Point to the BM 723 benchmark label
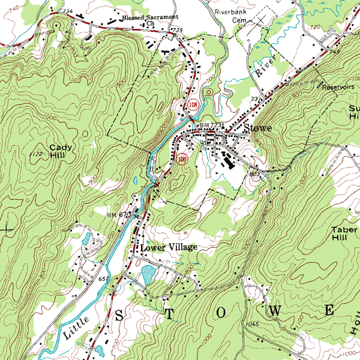pos(211,125)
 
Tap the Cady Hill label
pos(60,151)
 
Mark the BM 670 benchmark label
pos(119,215)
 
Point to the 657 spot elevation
pos(103,280)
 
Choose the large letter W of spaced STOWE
pos(276,311)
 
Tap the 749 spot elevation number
pos(334,53)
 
